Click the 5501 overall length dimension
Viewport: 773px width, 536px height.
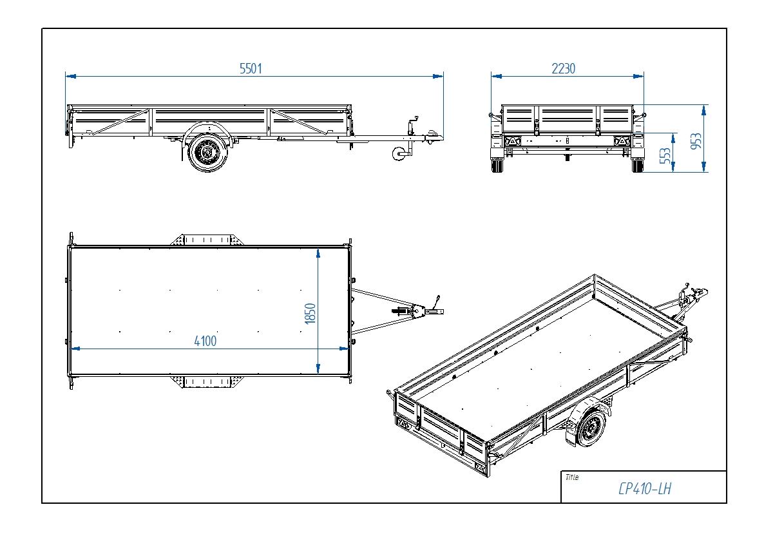[x=251, y=69]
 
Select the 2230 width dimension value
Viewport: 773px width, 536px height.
[x=563, y=69]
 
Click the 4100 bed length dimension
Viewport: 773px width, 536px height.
[x=205, y=341]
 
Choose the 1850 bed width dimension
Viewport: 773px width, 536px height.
[x=311, y=314]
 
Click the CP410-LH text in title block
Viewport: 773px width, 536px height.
[x=644, y=490]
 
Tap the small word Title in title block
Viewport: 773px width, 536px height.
[x=571, y=477]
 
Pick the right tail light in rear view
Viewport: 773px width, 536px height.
[x=620, y=141]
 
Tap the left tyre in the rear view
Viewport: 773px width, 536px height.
[x=497, y=166]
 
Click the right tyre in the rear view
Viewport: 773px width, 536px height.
[x=637, y=166]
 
